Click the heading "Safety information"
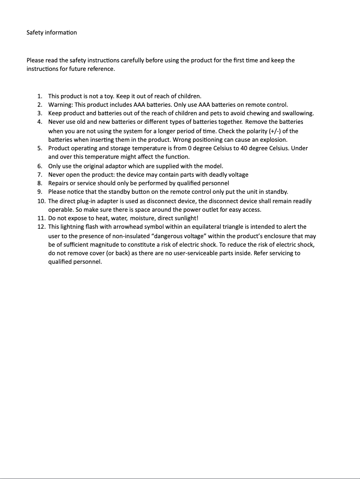[x=52, y=32]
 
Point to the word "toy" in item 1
[x=106, y=96]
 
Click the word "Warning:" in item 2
[x=60, y=105]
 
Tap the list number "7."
[x=40, y=174]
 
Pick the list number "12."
[x=41, y=226]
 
